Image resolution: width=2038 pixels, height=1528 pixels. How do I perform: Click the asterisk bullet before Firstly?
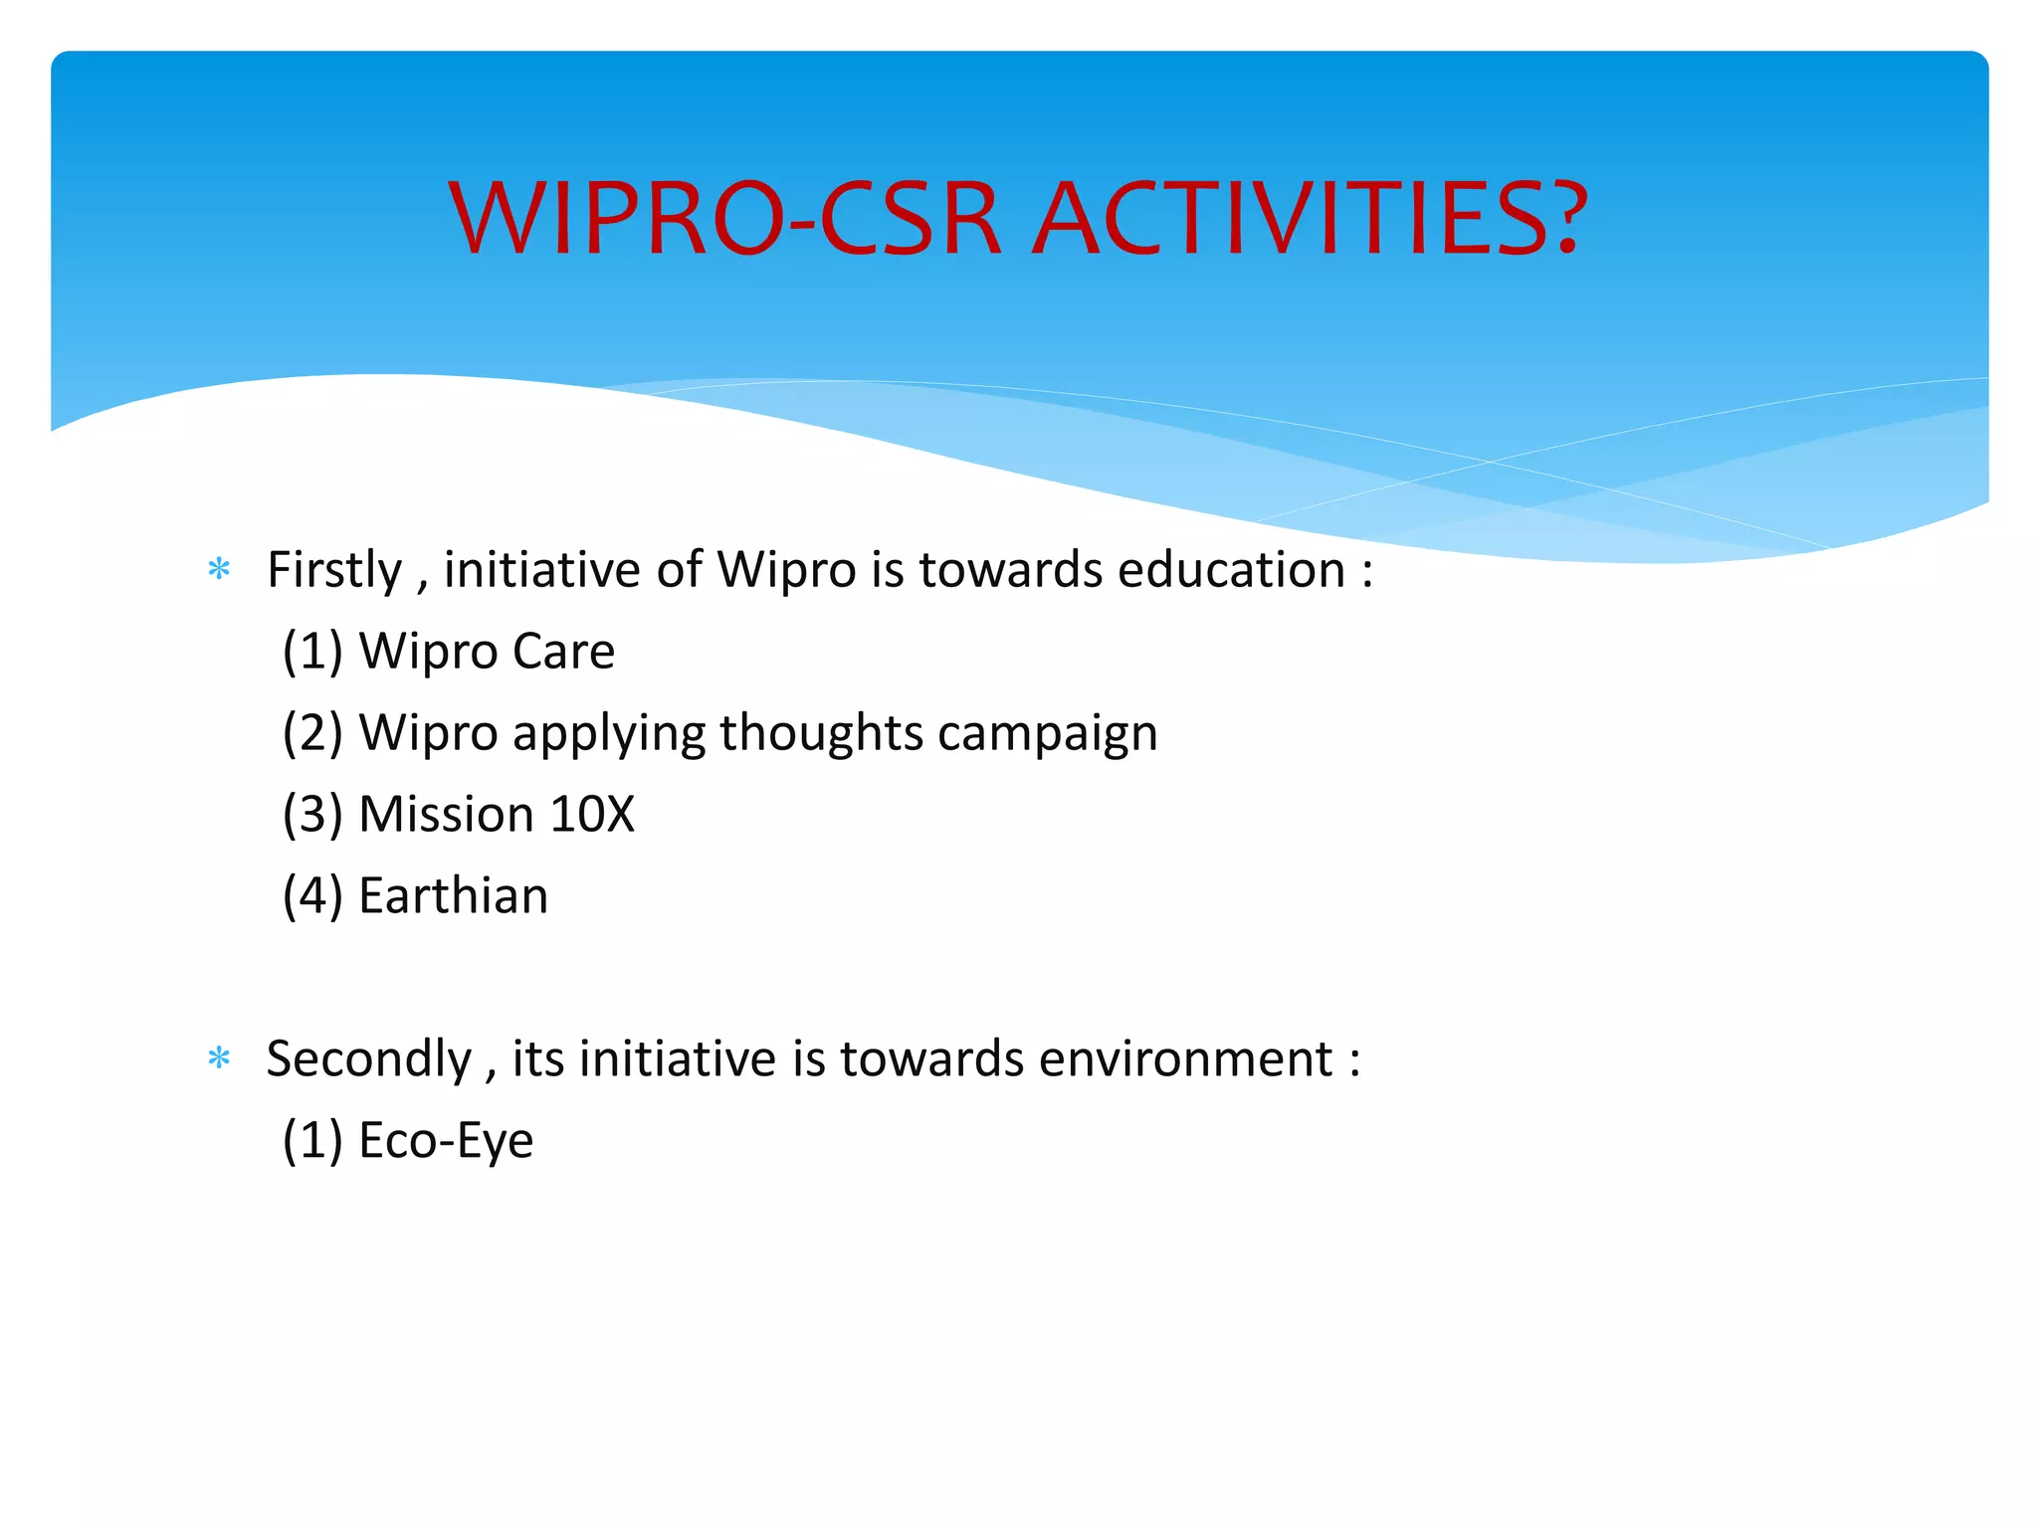219,571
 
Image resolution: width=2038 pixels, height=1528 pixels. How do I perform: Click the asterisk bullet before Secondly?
219,1059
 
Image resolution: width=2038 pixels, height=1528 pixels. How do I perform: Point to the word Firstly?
334,571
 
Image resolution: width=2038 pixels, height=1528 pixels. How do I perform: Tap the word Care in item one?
563,653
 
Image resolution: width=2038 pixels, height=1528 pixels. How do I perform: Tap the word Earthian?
454,896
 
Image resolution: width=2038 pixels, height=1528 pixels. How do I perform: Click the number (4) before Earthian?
312,896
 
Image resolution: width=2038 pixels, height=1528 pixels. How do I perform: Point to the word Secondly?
368,1059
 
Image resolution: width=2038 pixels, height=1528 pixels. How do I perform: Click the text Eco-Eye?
446,1141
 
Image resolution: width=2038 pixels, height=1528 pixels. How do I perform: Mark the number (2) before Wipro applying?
312,734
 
